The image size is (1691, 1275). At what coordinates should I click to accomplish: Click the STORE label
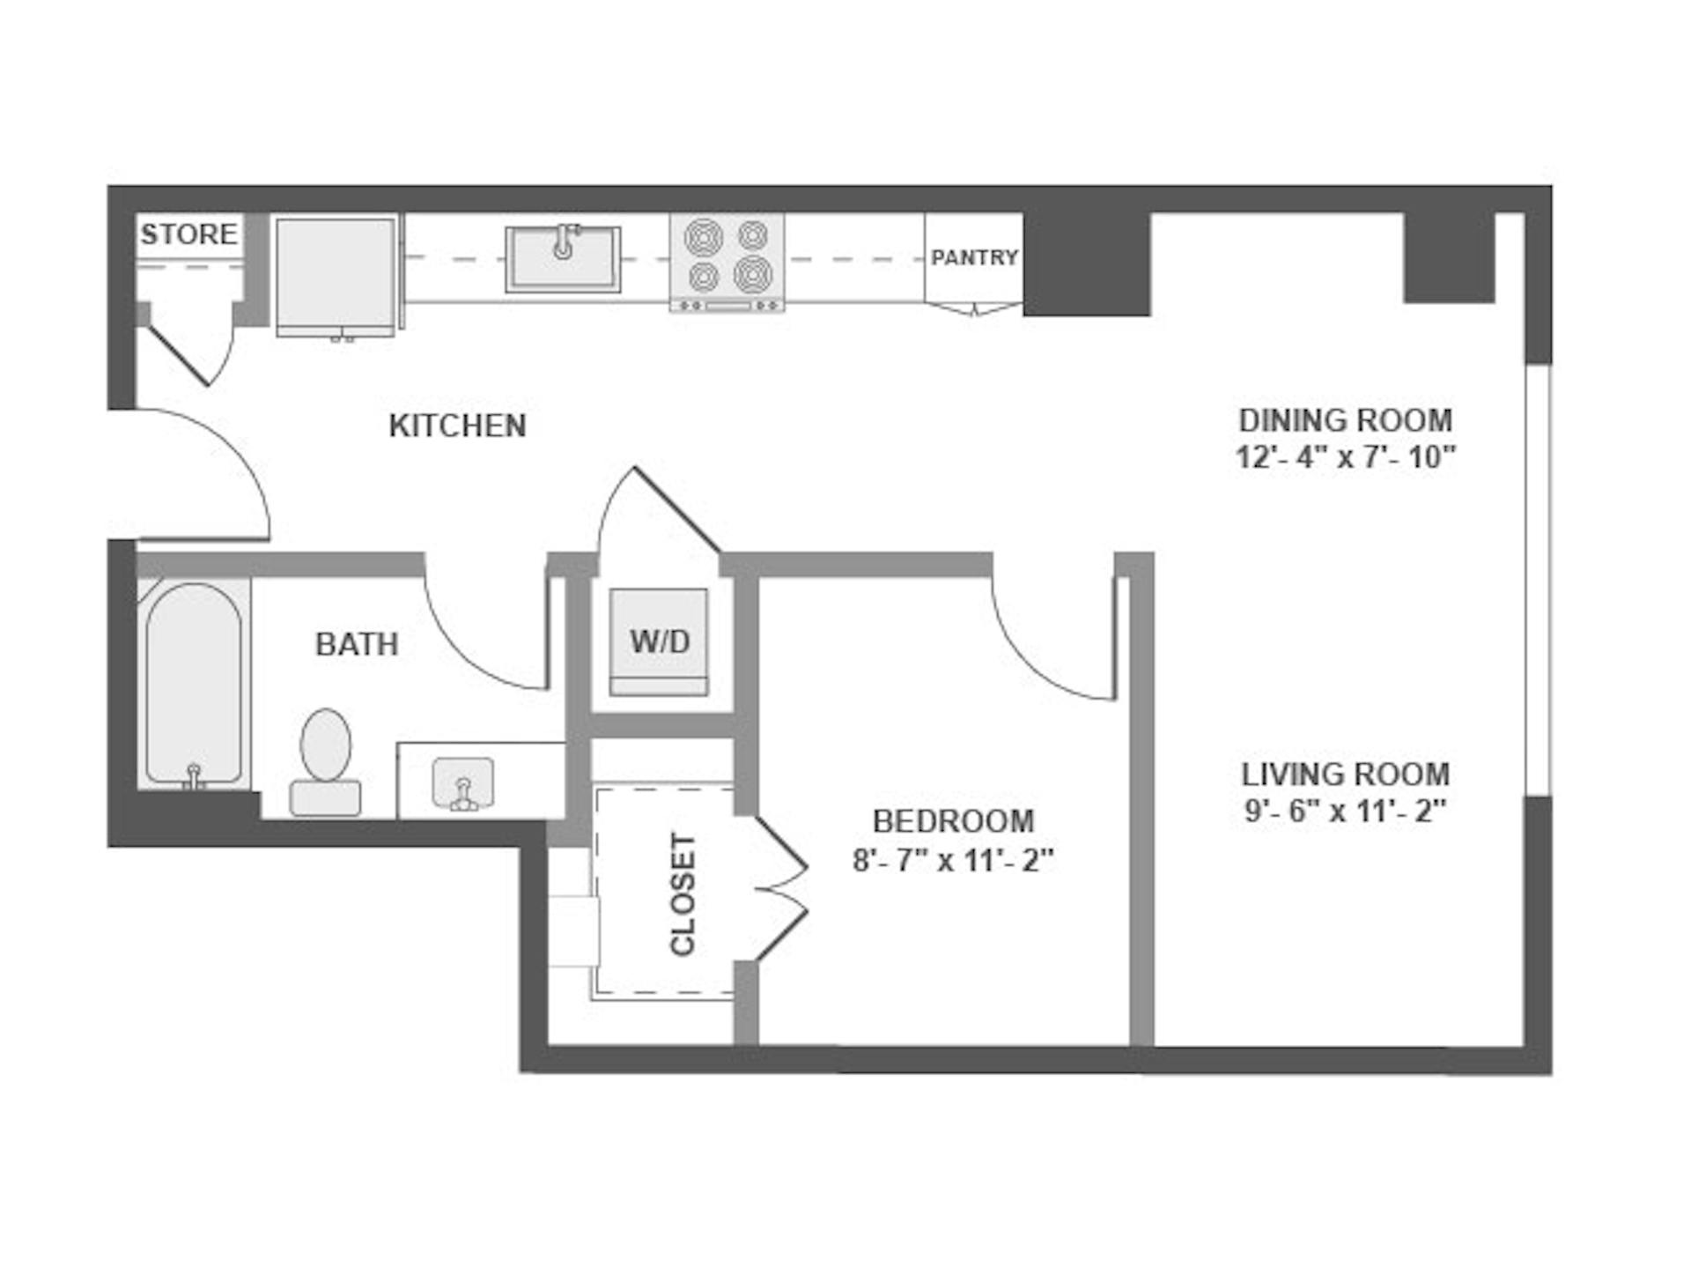tap(189, 234)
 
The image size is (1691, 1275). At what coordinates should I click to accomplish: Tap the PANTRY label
tap(974, 257)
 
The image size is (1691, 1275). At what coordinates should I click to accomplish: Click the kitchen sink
tap(563, 258)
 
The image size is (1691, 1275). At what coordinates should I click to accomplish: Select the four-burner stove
tap(727, 263)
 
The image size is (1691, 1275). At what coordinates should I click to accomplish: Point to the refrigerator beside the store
tap(336, 277)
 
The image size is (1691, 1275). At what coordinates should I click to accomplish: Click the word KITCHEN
tap(457, 426)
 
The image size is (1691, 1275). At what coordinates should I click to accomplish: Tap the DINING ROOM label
tap(1345, 420)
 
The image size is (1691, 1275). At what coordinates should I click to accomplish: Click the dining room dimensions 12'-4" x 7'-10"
tap(1345, 457)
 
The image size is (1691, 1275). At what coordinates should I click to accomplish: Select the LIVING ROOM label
tap(1345, 775)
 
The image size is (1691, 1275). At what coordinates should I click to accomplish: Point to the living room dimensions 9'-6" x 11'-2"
tap(1345, 811)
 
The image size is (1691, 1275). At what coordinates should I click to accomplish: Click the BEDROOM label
tap(953, 821)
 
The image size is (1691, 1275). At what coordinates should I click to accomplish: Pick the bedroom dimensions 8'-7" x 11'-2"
tap(953, 859)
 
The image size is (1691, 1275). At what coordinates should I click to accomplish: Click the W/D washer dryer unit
tap(659, 641)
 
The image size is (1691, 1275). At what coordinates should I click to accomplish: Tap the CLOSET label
tap(683, 894)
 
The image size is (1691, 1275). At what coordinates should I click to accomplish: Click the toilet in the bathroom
tap(326, 762)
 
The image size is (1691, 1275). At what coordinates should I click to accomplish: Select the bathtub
tap(194, 684)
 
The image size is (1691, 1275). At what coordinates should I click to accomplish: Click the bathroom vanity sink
tap(463, 782)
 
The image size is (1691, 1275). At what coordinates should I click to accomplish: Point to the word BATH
tap(357, 644)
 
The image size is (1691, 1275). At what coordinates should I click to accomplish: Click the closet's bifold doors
tap(780, 888)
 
